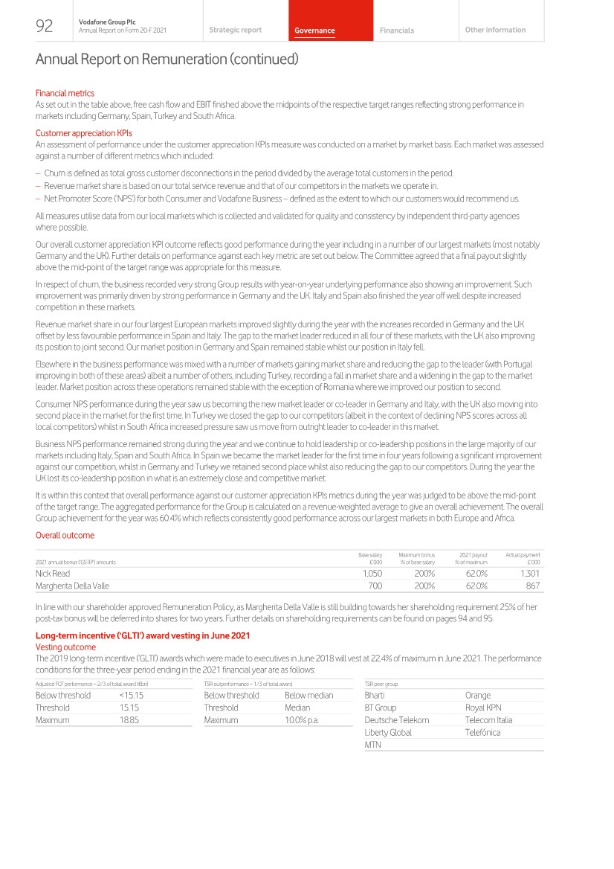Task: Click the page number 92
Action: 44,27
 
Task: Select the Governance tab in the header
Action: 314,31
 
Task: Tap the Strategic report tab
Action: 235,30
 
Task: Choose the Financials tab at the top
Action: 397,31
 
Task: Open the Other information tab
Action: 495,30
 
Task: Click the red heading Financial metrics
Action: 65,93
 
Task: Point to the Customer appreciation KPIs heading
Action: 83,133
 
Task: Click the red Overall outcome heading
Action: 65,535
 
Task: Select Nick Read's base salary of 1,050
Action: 372,574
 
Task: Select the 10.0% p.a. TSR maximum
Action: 302,720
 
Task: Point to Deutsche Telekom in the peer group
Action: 396,720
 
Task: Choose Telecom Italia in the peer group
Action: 488,720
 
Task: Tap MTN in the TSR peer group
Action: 373,745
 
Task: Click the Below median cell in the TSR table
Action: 308,695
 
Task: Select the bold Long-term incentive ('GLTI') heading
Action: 143,635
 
